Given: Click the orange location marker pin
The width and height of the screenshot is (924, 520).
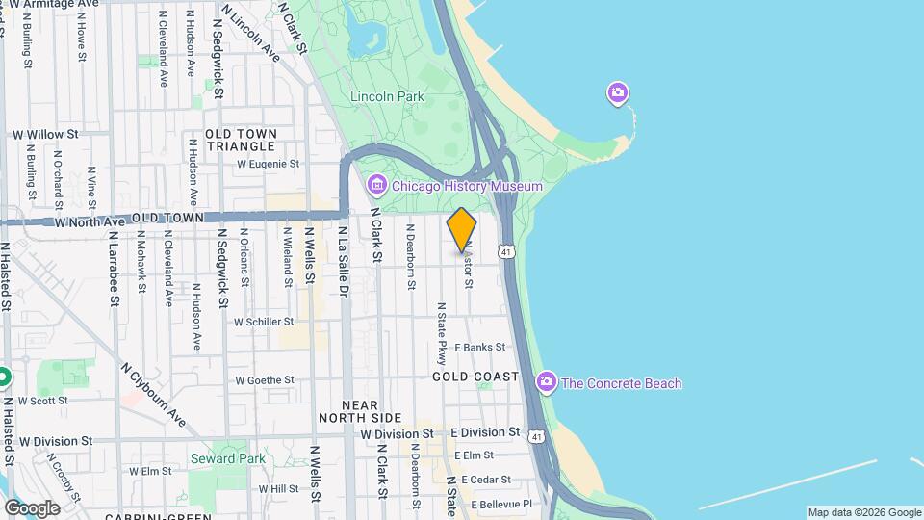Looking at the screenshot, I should click(462, 229).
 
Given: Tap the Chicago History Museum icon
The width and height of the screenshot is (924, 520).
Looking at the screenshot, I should click(376, 185).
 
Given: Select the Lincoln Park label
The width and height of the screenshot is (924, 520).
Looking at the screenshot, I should click(387, 97).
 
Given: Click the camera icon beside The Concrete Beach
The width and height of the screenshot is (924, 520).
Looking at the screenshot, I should click(547, 383).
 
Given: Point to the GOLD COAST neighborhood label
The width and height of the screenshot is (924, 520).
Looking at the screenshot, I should click(475, 377).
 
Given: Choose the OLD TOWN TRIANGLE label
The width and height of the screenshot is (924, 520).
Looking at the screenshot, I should click(241, 140).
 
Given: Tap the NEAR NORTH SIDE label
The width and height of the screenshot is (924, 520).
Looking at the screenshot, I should click(359, 411).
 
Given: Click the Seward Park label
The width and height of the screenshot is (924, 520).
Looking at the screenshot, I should click(227, 458).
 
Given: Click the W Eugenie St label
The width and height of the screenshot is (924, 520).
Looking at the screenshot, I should click(269, 165).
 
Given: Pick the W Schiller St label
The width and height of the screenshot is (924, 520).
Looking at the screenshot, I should click(263, 322).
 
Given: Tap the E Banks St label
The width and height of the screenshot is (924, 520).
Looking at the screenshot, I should click(480, 347).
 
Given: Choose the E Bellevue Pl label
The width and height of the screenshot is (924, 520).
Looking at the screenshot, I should click(500, 504).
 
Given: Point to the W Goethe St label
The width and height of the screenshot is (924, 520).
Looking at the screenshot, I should click(263, 380).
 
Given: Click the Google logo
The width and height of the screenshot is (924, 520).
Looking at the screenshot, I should click(32, 507).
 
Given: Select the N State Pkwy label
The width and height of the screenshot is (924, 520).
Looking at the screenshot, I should click(442, 332).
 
